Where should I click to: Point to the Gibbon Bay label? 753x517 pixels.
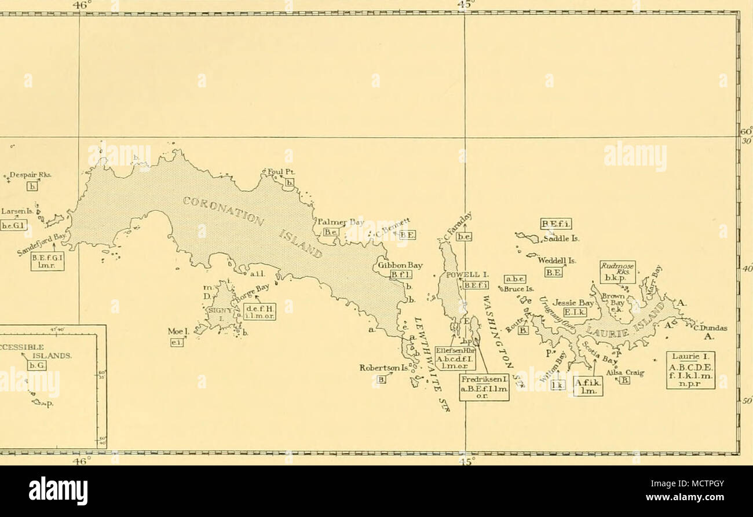point(400,265)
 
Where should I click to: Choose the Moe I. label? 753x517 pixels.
point(175,332)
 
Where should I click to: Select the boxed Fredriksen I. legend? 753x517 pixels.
point(484,387)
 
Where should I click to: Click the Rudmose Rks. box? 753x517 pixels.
point(617,272)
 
